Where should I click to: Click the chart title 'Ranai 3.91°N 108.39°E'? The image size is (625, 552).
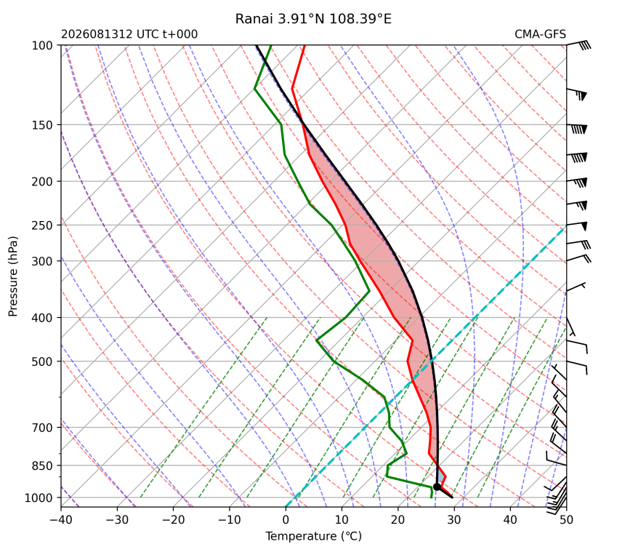[313, 19]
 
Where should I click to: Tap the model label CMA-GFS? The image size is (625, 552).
[540, 34]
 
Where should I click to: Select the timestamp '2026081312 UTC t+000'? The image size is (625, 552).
[129, 34]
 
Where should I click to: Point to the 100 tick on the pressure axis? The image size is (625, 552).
[42, 46]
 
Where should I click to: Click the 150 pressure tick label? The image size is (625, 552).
[42, 125]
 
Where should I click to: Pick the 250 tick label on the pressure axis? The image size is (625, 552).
[42, 225]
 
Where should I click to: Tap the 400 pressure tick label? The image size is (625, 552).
[42, 318]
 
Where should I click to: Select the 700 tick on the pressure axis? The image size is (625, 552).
[42, 428]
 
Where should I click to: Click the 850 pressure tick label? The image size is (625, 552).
[42, 465]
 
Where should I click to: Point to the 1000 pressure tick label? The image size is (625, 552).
[39, 497]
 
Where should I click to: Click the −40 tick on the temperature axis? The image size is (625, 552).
[61, 520]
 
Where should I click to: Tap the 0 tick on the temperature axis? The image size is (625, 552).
[286, 520]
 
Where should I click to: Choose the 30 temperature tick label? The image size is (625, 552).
[454, 520]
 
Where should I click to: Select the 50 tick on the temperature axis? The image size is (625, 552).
[566, 520]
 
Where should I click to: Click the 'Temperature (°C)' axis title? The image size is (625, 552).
[314, 536]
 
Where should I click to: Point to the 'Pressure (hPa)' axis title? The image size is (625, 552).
[13, 276]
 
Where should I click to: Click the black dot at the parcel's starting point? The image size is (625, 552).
[437, 487]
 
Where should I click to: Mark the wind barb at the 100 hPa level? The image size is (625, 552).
[578, 44]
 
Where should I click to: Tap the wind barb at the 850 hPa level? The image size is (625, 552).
[556, 459]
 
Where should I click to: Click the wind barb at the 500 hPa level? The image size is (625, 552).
[577, 367]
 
